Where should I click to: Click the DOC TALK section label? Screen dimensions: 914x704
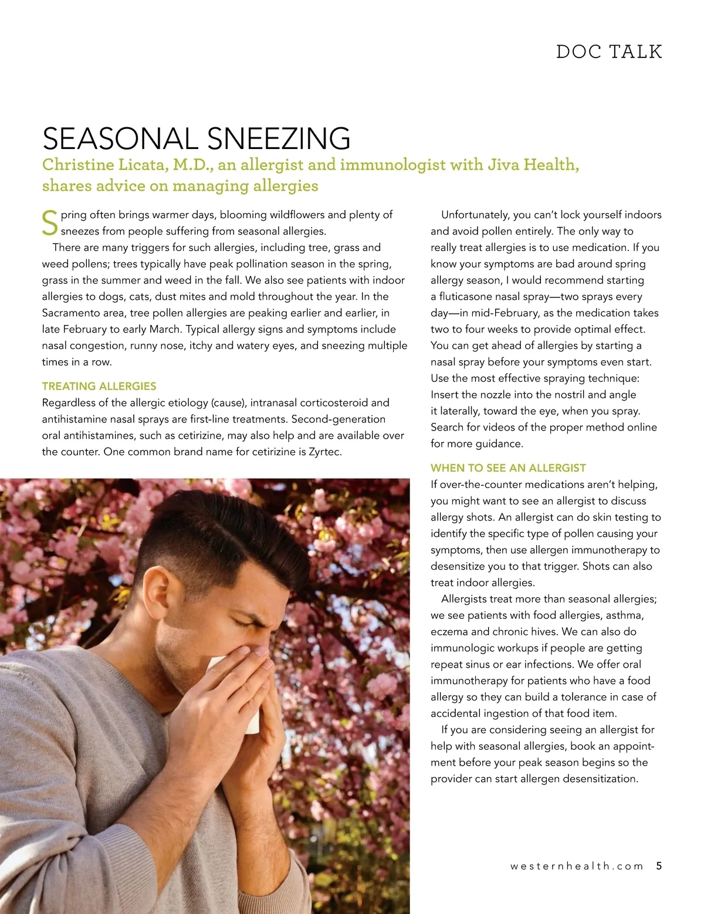(x=609, y=52)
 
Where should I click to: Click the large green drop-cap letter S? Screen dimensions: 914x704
(x=50, y=224)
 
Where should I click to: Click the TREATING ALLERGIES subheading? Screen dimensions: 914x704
(x=99, y=386)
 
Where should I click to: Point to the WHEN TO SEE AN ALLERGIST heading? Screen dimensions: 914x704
(x=508, y=468)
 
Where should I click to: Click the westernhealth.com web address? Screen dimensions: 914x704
(x=577, y=866)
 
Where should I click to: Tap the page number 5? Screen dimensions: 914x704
(x=659, y=866)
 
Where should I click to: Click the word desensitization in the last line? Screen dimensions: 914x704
(x=600, y=779)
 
